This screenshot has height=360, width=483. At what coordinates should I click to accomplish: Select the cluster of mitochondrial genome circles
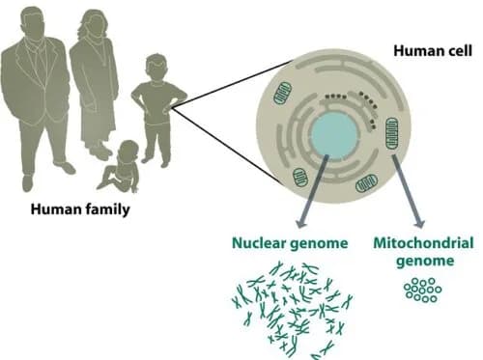[421, 290]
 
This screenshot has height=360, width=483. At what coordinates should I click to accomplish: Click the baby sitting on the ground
[121, 169]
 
